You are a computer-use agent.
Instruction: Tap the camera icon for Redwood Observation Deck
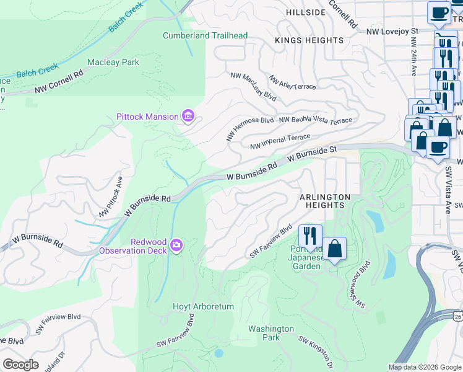tap(177, 246)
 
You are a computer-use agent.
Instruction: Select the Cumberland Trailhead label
tap(205, 35)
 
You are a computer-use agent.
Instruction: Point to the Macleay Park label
tap(113, 63)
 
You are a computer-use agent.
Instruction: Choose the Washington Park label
tap(271, 333)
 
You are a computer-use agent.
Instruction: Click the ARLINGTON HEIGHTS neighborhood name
tap(325, 201)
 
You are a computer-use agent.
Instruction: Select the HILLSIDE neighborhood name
tap(305, 12)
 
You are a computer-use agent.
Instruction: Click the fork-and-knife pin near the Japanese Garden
tap(309, 236)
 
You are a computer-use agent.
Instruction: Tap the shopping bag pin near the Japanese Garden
tap(334, 249)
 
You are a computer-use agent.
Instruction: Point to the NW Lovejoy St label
tap(392, 30)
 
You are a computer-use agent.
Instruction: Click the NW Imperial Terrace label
tap(280, 141)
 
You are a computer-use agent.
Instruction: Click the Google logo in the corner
tap(20, 365)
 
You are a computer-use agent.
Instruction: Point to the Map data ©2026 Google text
tap(424, 367)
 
